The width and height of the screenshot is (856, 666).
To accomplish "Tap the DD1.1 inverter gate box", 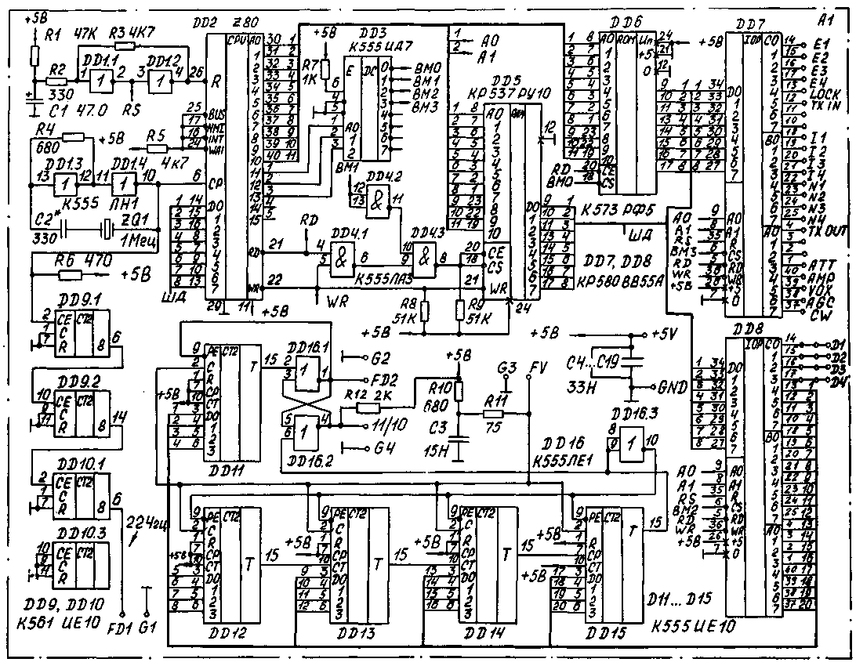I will coord(99,79).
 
